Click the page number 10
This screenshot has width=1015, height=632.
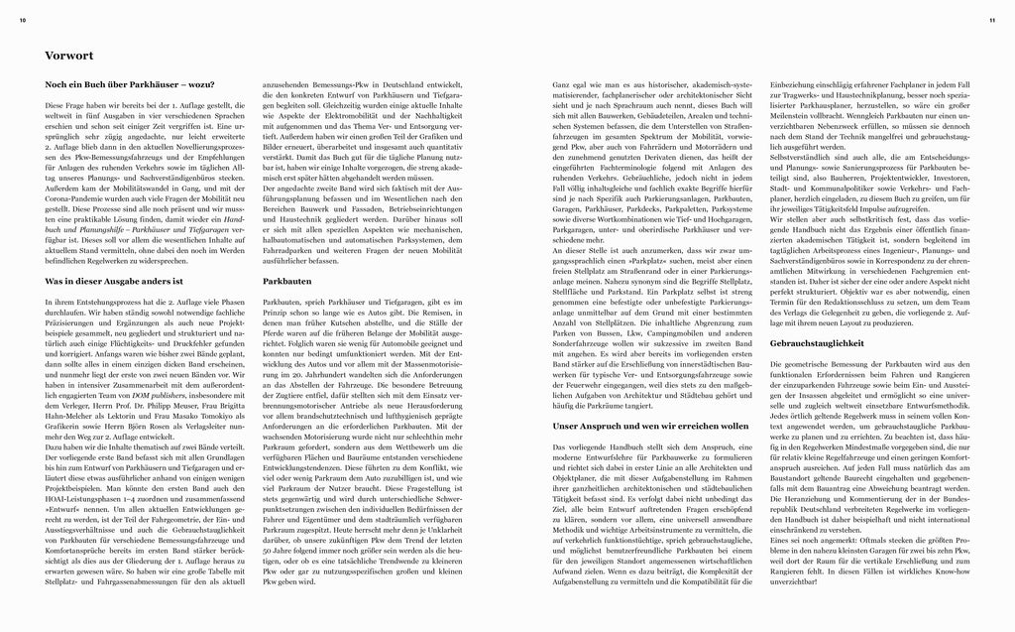tap(22, 20)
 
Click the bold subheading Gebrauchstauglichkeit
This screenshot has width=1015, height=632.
tap(814, 343)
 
